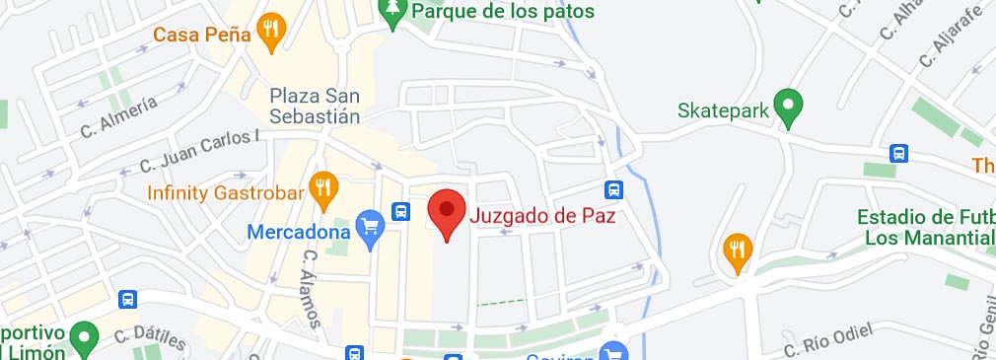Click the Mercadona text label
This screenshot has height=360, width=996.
point(299,233)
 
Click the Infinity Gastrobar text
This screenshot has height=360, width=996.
point(225,192)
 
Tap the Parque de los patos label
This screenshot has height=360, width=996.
point(503,12)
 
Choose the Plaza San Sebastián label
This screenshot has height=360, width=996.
point(316,105)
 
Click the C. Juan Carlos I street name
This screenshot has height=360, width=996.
point(198,152)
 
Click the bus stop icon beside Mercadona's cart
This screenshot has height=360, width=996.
point(400,210)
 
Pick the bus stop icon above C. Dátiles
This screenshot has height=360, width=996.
point(127,300)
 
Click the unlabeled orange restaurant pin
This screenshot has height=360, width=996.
point(737,252)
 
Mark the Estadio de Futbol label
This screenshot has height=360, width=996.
point(925,227)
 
